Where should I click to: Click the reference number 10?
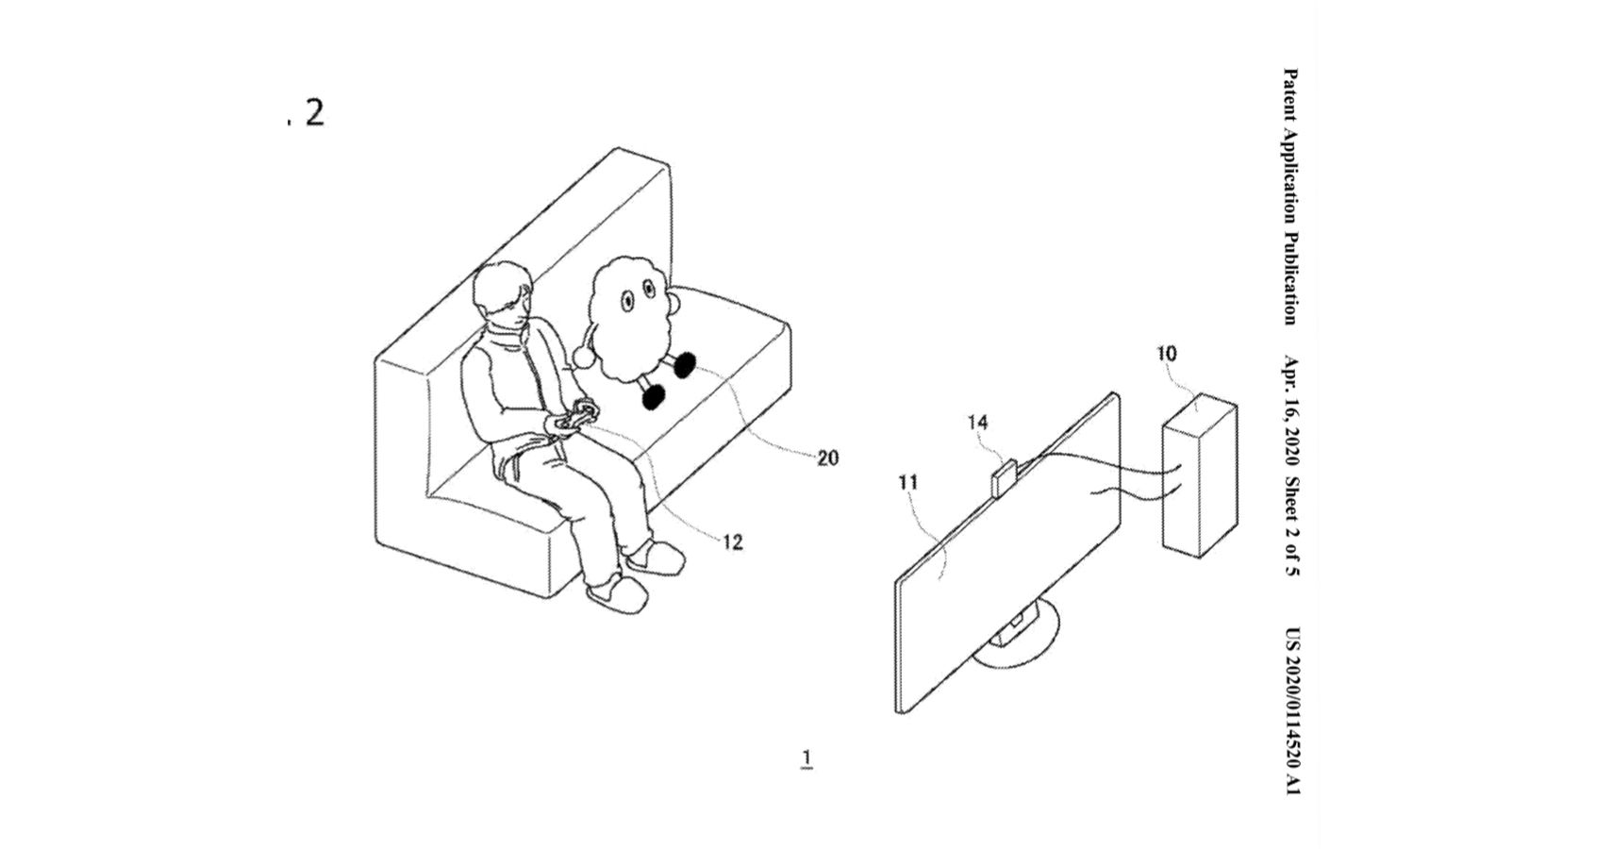(1167, 354)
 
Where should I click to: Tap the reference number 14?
(977, 422)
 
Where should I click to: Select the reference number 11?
(908, 482)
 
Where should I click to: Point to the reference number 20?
(827, 458)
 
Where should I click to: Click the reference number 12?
(732, 541)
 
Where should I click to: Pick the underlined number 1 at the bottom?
(806, 758)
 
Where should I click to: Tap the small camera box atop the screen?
(1003, 477)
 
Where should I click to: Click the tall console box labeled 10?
(1200, 475)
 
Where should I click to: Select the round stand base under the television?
(1017, 640)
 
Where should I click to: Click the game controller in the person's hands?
(577, 419)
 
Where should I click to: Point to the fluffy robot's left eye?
(627, 300)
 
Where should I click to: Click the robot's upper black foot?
(683, 365)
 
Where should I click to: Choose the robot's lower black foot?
(655, 397)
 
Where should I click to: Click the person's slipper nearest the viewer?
(616, 594)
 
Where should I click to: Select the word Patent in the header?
(1291, 94)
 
